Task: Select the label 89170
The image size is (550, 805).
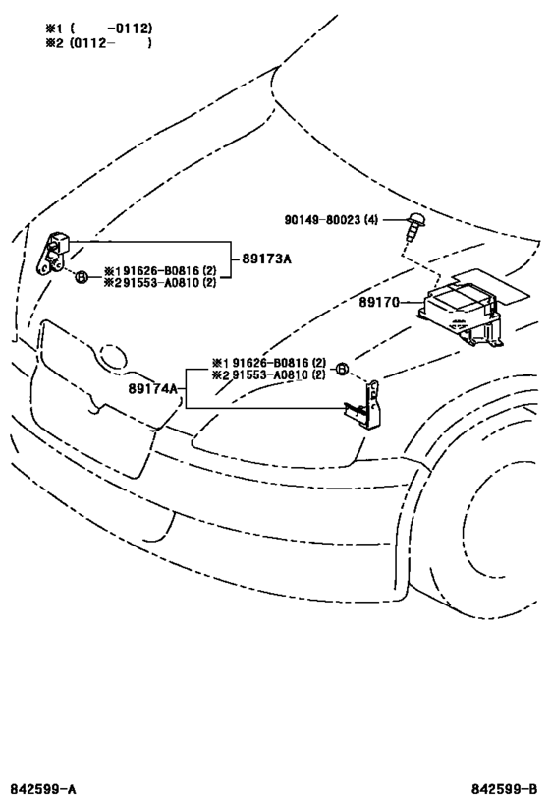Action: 379,303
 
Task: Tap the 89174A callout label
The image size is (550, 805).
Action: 152,388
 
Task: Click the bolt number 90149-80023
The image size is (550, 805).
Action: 323,220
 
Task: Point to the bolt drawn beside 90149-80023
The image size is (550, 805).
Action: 412,226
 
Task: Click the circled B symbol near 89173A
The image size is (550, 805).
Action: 82,278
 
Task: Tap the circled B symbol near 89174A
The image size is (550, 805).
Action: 342,369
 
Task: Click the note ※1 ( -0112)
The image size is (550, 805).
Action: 98,28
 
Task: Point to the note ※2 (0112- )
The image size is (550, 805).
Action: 98,42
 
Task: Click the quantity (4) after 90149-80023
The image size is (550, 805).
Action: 370,220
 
